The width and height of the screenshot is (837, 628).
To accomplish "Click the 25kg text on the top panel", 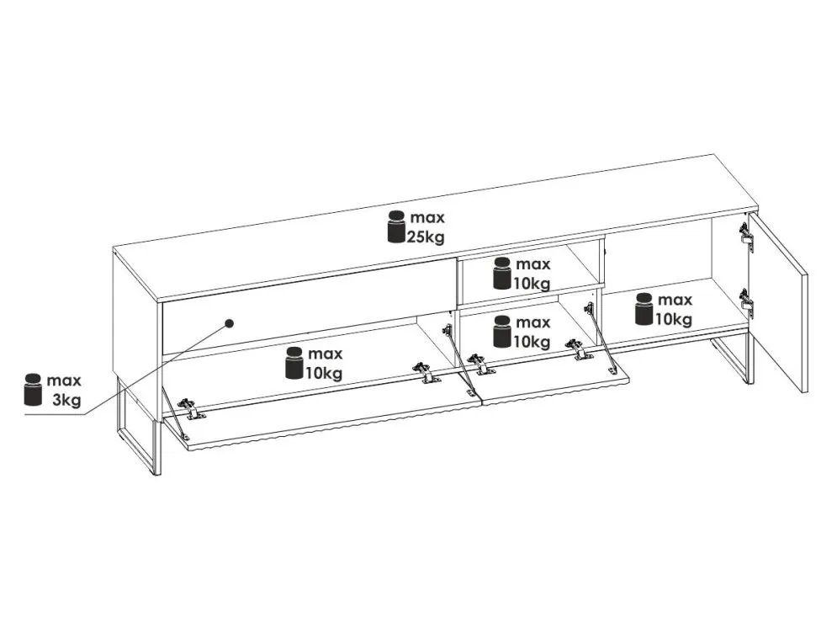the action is (x=426, y=237).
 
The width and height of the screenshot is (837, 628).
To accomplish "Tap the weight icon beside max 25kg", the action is (x=396, y=227).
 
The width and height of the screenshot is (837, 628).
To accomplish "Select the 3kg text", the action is (x=66, y=399).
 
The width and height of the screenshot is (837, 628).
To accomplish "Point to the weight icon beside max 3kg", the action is (x=33, y=389).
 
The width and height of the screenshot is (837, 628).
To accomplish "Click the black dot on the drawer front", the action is (x=230, y=323).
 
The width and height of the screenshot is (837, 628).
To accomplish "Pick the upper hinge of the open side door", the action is (x=745, y=236).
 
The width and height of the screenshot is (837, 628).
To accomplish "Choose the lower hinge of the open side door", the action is (x=745, y=302).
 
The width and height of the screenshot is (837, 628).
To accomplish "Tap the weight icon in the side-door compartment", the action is (x=644, y=309).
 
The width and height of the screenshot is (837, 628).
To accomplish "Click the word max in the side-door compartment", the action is (x=675, y=301).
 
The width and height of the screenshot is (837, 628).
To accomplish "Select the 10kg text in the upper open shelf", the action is (x=532, y=283).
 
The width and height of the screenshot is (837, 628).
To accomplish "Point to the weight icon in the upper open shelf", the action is (x=502, y=274).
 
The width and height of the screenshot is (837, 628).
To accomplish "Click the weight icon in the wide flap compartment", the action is (x=294, y=363).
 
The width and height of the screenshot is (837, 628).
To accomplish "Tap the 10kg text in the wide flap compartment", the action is (x=324, y=373).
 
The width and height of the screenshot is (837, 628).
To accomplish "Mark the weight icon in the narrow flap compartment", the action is (x=502, y=331).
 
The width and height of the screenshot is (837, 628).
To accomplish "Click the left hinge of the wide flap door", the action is (x=190, y=408).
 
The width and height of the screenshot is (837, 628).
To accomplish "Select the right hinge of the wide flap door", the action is (x=426, y=372).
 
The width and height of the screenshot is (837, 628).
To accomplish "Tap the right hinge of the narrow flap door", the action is (x=579, y=349).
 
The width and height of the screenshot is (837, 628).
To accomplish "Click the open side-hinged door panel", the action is (x=779, y=302).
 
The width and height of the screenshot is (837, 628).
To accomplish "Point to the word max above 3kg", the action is (x=64, y=381).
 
